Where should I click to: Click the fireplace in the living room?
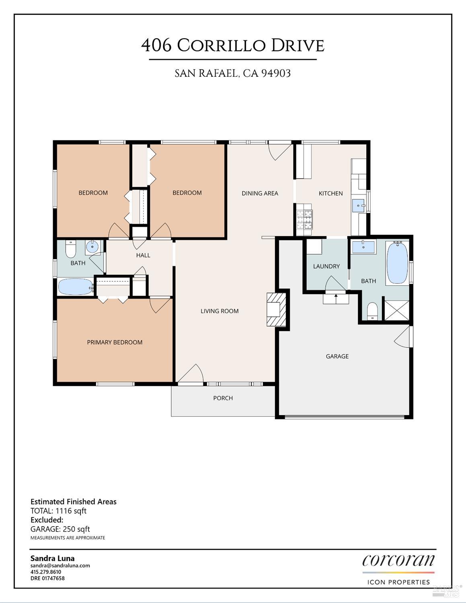[276, 309]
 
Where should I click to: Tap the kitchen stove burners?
[304, 220]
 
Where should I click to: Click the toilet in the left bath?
[71, 249]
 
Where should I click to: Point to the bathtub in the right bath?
[397, 263]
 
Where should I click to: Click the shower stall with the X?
[396, 310]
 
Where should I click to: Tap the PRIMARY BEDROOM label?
[115, 342]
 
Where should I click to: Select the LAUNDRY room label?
[326, 266]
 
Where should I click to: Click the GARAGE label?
[337, 356]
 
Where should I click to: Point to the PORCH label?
[223, 398]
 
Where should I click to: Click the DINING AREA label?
[260, 193]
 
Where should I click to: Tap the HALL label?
[143, 255]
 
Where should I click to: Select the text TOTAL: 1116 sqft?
[58, 511]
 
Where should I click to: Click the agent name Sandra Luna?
[52, 558]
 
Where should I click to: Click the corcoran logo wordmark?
[398, 560]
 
